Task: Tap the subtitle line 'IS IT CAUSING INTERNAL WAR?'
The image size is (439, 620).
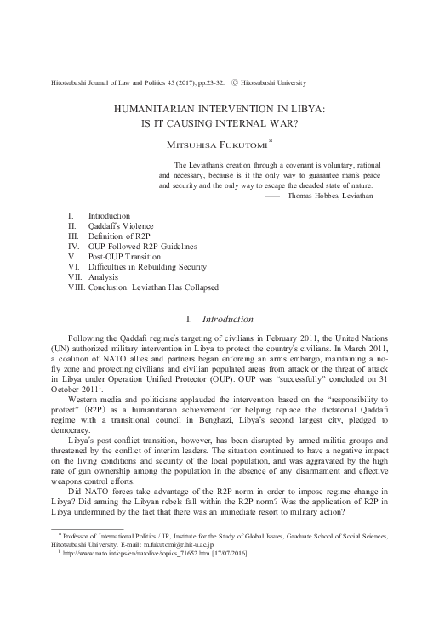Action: pos(219,122)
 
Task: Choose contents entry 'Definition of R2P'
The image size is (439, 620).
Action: pos(122,236)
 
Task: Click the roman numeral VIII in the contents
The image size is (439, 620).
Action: pos(75,287)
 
